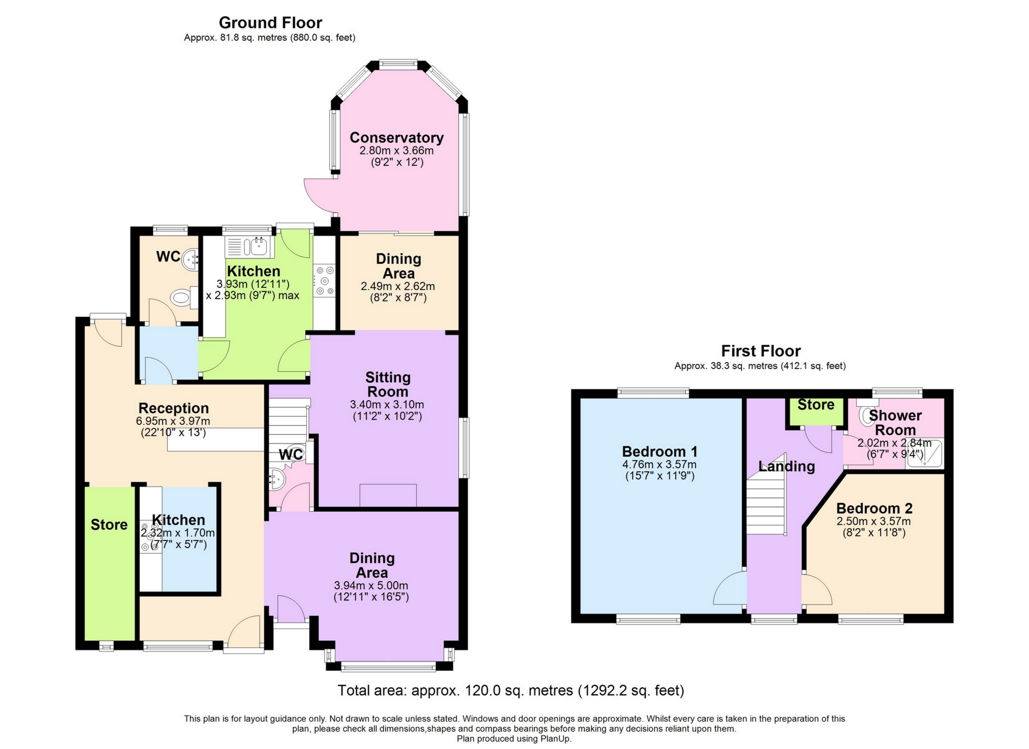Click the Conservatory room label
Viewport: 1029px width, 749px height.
396,138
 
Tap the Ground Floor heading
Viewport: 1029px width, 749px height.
270,23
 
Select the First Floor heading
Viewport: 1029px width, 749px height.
761,351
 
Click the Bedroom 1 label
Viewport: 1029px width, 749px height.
659,452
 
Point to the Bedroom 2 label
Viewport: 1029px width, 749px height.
874,508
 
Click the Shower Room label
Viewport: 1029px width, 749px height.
895,422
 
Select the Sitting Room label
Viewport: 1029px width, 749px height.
388,384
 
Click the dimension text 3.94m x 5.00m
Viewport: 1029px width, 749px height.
371,585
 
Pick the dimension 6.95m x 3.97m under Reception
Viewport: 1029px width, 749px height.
173,421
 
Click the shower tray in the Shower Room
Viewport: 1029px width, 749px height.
924,453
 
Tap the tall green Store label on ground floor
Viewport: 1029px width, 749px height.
109,525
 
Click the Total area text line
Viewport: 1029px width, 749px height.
511,691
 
